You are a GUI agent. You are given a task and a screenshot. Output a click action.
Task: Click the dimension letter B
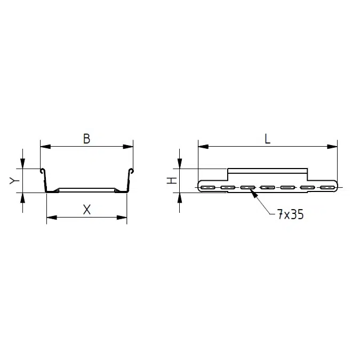coord(86,139)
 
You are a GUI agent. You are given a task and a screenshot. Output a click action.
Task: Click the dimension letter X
coord(87,210)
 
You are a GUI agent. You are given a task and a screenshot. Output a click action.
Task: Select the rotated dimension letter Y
coord(14,181)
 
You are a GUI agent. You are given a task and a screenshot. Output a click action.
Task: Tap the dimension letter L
coord(267,139)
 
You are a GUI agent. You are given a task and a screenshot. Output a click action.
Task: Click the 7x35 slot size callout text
coord(290,215)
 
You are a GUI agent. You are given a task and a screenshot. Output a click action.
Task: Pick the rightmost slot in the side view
coord(326,187)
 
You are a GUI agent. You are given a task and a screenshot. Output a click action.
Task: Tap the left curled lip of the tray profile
coord(42,171)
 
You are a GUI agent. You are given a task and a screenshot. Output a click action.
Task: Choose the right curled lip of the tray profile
coord(131,171)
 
